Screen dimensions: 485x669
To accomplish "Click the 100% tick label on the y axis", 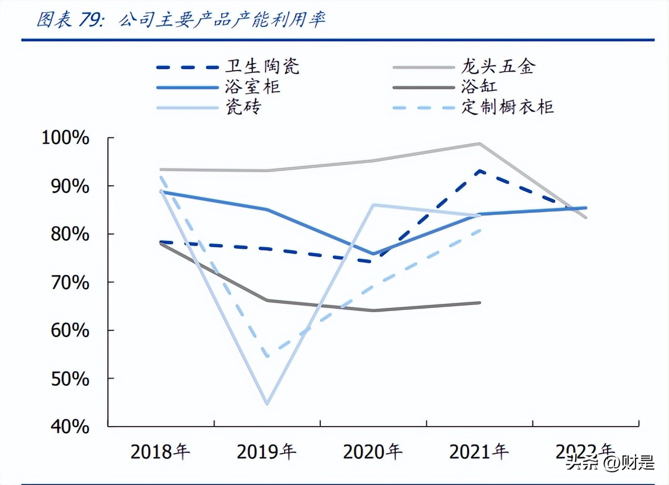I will [65, 137].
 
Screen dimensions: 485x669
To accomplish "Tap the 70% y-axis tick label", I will [70, 282].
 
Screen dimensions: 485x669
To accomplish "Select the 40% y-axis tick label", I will [70, 427].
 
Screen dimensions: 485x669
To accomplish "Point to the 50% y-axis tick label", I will [70, 379].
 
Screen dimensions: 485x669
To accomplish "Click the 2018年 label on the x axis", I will [160, 451].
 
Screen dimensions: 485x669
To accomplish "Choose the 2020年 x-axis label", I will [373, 451].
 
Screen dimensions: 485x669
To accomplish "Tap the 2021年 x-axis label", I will [479, 451].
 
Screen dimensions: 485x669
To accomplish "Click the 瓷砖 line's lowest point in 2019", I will [267, 404].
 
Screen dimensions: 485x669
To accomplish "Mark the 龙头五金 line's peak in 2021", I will [479, 144].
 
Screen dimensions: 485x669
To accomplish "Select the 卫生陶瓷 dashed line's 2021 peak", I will [479, 171].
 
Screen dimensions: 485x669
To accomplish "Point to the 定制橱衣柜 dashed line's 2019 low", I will [267, 356].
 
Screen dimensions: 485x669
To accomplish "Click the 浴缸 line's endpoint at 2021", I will [480, 303].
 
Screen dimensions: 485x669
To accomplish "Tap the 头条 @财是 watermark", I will [610, 462].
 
